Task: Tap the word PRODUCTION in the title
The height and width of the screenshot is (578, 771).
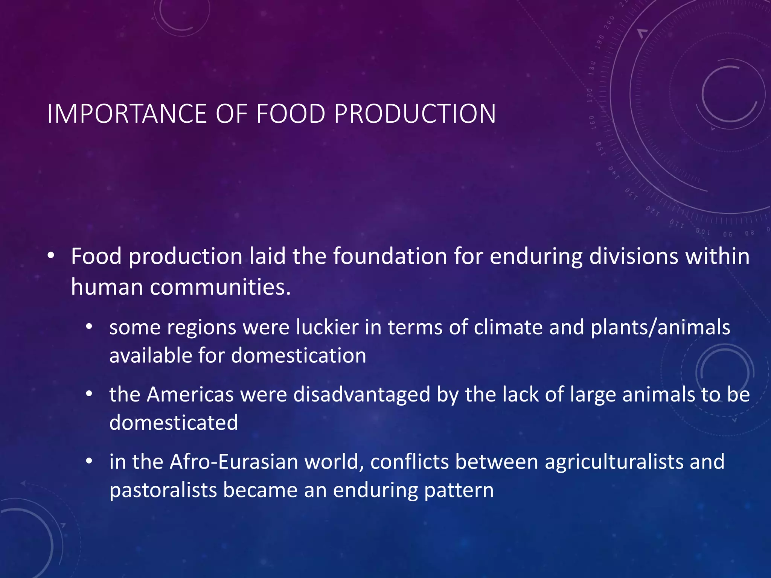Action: coord(415,114)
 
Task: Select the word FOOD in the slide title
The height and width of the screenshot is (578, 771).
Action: coord(291,114)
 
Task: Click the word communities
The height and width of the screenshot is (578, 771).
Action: coord(220,287)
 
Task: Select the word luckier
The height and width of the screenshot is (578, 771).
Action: coord(327,327)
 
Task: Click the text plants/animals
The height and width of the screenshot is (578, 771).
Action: coord(660,327)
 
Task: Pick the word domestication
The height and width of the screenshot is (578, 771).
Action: coord(299,356)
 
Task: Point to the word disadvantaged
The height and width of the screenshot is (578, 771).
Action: coord(362,395)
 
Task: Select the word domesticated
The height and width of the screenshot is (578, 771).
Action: coord(174,423)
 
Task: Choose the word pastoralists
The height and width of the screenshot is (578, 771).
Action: coord(163,490)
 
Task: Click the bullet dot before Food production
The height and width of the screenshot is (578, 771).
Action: coord(51,256)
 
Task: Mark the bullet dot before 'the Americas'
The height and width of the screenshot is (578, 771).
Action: coord(89,394)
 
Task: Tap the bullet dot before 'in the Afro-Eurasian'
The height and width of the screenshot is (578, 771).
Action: coord(89,461)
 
